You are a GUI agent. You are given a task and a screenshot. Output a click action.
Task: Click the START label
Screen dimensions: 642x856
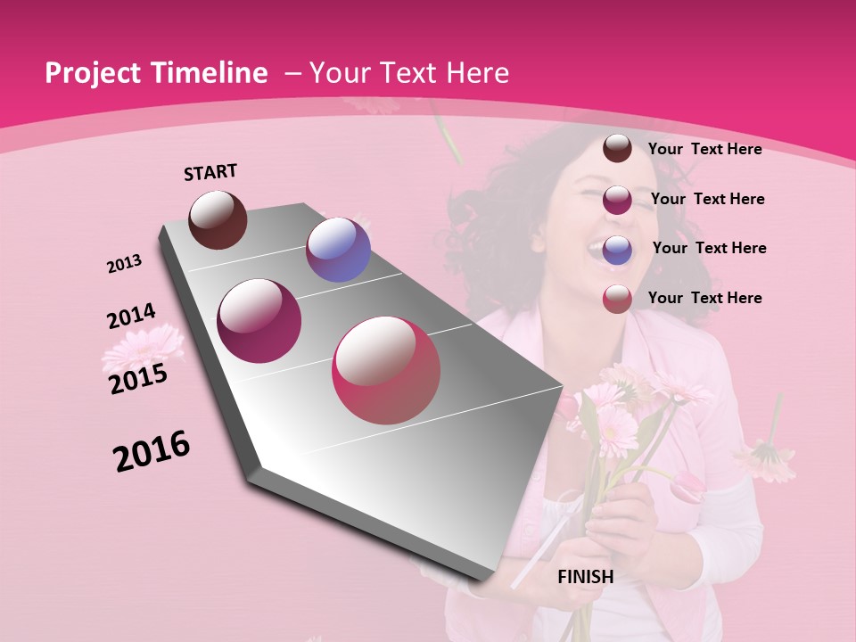[210, 172]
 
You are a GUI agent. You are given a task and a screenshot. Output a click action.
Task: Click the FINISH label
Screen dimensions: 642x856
[585, 577]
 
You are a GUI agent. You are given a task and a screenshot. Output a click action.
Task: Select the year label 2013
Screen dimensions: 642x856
[125, 264]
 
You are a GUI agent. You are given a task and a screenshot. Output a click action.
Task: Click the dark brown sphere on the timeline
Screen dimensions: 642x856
[218, 219]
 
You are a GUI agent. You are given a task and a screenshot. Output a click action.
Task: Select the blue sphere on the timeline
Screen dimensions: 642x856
[338, 250]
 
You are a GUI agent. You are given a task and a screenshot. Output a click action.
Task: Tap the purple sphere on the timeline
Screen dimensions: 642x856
[259, 321]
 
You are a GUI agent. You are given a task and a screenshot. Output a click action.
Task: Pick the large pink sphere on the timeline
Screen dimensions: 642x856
[386, 370]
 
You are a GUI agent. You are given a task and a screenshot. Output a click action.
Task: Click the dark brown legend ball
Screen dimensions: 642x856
[617, 148]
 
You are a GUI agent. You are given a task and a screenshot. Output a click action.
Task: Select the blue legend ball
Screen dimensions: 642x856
[617, 249]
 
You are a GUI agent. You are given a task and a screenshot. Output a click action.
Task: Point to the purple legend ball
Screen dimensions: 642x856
[617, 200]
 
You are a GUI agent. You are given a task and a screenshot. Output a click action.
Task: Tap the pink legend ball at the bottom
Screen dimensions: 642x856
[617, 299]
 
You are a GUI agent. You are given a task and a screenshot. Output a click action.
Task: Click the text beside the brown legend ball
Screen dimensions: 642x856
[704, 149]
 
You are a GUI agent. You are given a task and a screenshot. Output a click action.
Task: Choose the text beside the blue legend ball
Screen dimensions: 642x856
[709, 248]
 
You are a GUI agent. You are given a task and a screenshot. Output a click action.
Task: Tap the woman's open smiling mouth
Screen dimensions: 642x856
[603, 242]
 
